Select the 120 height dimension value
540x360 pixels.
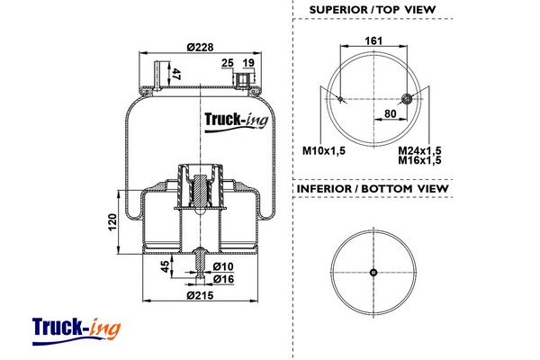pos(112,220)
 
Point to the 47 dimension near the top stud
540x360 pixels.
pos(176,75)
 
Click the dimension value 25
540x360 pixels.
pos(227,62)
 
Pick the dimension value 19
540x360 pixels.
pos(248,62)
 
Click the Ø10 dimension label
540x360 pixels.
pos(225,267)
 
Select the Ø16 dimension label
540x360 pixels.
pos(225,280)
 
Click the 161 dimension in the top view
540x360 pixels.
pos(373,41)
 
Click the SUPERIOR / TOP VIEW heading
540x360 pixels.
pos(372,9)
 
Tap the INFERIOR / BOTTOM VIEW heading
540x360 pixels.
pos(372,190)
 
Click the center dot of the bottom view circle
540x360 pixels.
pos(373,273)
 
